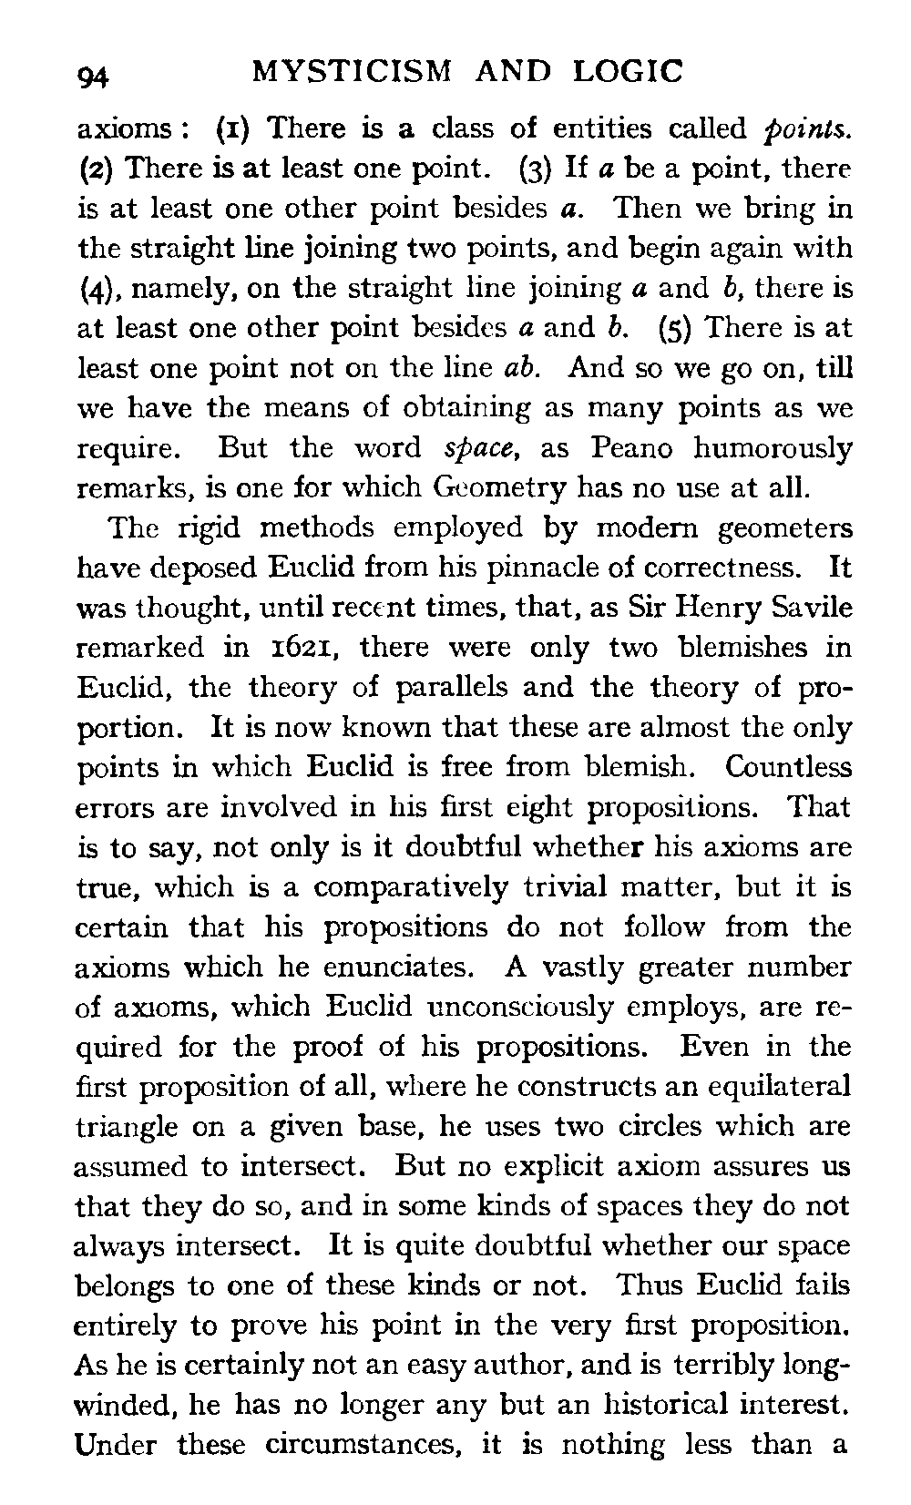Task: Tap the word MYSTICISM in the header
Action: (x=351, y=71)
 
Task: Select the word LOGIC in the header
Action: (x=630, y=71)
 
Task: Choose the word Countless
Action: (x=788, y=767)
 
